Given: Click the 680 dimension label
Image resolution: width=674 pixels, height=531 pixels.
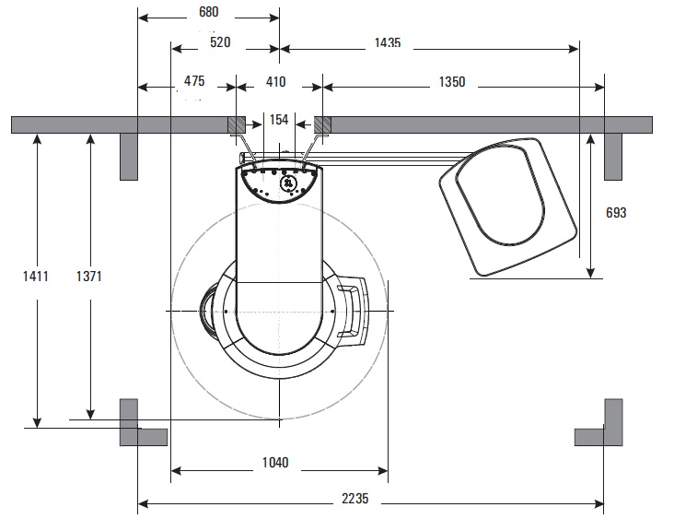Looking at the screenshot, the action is (208, 12).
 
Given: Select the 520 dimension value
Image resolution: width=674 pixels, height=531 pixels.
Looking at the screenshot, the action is (220, 42).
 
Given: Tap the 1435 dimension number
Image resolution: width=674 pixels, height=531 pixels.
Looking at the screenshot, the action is (388, 42).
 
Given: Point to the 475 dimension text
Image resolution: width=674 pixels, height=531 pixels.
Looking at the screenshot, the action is (194, 81).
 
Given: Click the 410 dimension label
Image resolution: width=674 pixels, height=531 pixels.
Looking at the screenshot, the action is (275, 82).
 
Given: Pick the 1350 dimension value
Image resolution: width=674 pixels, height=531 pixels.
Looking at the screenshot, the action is (452, 82).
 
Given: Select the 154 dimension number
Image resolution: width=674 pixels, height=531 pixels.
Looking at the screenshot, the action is (279, 120).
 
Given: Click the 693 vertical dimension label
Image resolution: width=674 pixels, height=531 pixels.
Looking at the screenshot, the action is (616, 213).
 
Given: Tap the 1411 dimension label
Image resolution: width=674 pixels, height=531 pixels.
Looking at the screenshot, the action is (35, 277).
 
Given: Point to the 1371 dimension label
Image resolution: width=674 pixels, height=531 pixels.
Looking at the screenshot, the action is (89, 277).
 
